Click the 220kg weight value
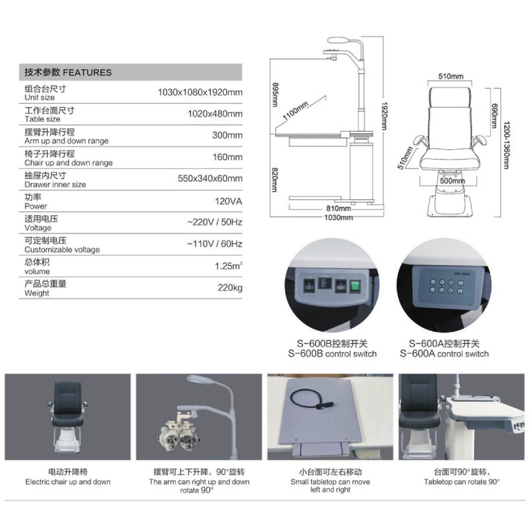tap(230, 287)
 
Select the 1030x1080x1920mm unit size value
tap(200, 92)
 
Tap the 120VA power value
tap(228, 201)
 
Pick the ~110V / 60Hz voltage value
tap(214, 244)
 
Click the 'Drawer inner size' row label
tap(55, 184)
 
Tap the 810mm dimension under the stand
tap(339, 209)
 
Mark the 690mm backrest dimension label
tap(494, 115)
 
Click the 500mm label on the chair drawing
tap(452, 181)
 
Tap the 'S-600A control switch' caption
tap(444, 354)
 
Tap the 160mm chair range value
tap(228, 157)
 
